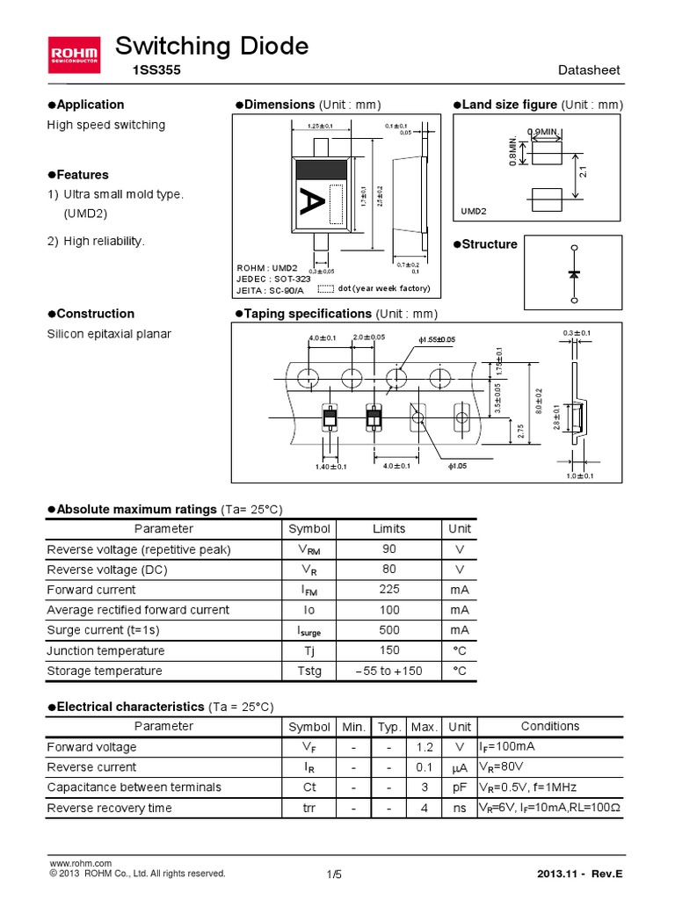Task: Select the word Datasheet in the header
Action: click(590, 71)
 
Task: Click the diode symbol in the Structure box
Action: click(574, 274)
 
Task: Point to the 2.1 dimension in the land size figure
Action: click(583, 172)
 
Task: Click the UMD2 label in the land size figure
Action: click(475, 212)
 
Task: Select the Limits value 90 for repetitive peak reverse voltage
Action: click(388, 549)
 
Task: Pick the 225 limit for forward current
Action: click(388, 590)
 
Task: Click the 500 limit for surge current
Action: click(388, 630)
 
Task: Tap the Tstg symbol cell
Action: click(309, 671)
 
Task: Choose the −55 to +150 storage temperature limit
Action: click(388, 671)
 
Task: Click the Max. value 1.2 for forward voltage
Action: click(425, 747)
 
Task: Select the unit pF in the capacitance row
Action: click(459, 787)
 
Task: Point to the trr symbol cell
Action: click(309, 808)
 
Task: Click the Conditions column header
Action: click(550, 727)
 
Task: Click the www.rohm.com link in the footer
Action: click(80, 864)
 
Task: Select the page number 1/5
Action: click(333, 874)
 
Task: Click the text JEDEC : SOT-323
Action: click(273, 279)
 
